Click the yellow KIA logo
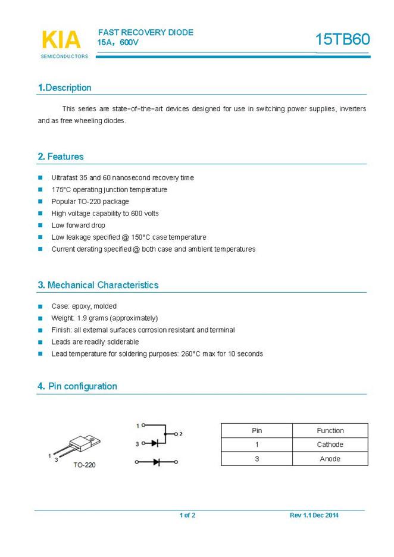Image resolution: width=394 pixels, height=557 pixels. click(61, 39)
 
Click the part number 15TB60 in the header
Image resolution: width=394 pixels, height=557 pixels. click(342, 39)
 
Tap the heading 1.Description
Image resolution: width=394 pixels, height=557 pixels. click(65, 87)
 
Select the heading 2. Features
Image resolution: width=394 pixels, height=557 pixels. click(61, 157)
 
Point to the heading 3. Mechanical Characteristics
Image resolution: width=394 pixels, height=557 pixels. click(98, 285)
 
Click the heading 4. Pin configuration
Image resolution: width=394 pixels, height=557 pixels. click(77, 386)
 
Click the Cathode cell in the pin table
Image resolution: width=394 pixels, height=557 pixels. click(330, 445)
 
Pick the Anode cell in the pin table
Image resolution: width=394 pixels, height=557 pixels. click(330, 459)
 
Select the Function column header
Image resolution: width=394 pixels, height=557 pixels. click(330, 430)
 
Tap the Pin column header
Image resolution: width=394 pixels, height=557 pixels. click(257, 430)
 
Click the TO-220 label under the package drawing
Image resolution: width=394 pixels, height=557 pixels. click(84, 465)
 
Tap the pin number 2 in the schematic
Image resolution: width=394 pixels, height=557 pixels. click(180, 434)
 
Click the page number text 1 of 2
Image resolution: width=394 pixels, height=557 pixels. click(187, 515)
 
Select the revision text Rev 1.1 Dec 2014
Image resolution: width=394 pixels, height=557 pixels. click(314, 515)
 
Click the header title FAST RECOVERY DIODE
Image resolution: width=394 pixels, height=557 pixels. click(146, 33)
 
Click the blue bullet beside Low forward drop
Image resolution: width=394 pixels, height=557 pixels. click(40, 226)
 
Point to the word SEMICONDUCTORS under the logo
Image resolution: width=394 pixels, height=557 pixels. click(64, 57)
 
